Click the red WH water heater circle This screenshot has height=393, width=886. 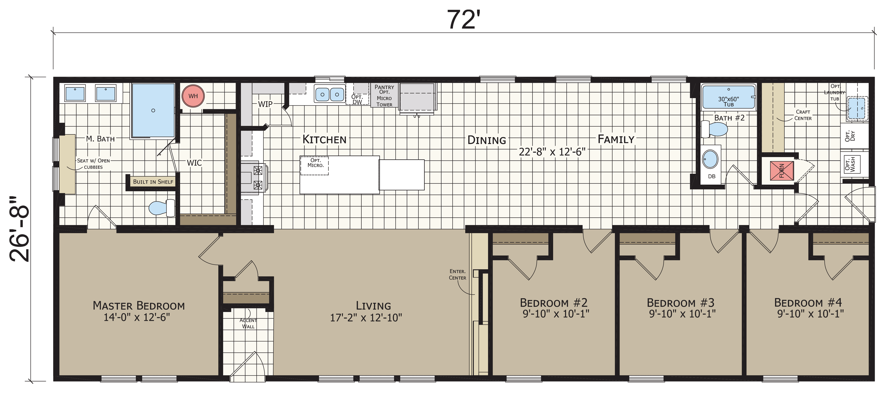click(x=193, y=96)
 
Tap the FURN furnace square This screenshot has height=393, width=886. click(x=782, y=171)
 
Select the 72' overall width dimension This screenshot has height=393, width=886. click(x=463, y=20)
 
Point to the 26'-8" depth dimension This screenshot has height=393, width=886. click(x=20, y=229)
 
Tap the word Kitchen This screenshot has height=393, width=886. click(x=324, y=139)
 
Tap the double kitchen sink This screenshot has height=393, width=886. click(x=329, y=94)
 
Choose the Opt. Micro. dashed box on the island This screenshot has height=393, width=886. click(x=314, y=166)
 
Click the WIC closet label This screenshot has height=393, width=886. click(x=194, y=163)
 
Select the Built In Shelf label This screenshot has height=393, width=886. click(x=153, y=182)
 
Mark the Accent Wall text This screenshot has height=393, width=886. click(x=248, y=323)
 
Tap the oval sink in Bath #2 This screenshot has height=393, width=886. click(x=710, y=159)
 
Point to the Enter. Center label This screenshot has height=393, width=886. click(x=457, y=275)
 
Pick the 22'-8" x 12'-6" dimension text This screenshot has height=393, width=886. click(x=552, y=152)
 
